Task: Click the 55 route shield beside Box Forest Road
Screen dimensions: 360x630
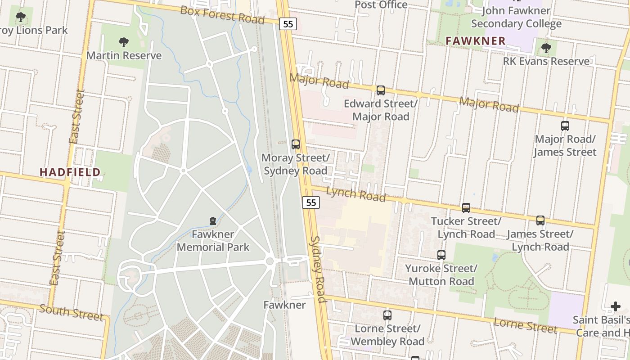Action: [288, 24]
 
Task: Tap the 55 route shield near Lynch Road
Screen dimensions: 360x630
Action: [310, 202]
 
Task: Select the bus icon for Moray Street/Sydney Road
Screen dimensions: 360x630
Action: [296, 144]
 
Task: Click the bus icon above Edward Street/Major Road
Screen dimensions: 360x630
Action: [381, 90]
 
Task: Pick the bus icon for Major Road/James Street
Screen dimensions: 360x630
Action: [565, 126]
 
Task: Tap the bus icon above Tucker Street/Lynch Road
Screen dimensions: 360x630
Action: [466, 208]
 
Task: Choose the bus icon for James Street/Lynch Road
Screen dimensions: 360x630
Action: [540, 220]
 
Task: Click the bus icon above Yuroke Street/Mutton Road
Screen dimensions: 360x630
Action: [441, 255]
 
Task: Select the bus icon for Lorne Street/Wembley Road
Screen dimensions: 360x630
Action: [387, 315]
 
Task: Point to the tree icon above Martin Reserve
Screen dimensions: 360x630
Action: [124, 43]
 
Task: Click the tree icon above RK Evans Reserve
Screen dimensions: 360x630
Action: [546, 48]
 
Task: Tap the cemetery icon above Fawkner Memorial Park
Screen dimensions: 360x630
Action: [213, 221]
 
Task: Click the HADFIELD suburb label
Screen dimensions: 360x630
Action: [70, 172]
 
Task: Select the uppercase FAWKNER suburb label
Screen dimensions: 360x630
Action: [476, 41]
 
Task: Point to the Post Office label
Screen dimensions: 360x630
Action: [381, 5]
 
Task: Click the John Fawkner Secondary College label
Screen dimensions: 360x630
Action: [516, 17]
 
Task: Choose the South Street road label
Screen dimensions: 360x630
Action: [71, 312]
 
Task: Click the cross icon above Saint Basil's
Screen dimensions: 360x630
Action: [616, 307]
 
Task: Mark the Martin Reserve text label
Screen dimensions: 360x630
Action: [124, 56]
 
